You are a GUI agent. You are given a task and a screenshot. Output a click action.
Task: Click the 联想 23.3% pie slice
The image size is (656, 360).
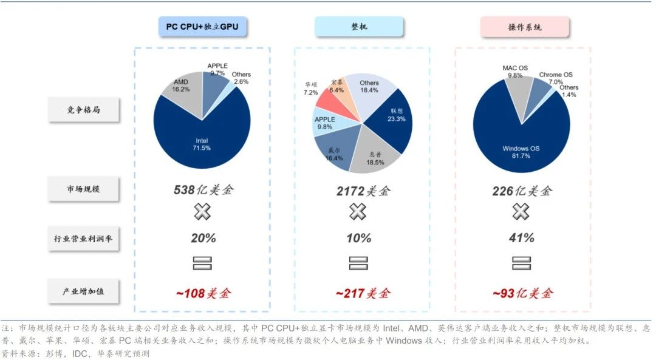[x=392, y=118]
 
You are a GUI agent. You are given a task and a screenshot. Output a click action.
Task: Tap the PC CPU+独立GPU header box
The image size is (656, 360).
[x=202, y=27]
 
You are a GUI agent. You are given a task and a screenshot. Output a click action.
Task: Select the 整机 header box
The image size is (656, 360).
[x=358, y=27]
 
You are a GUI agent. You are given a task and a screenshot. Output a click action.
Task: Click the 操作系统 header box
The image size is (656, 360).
[x=525, y=27]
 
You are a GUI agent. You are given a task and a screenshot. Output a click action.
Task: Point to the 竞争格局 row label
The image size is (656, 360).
[x=84, y=110]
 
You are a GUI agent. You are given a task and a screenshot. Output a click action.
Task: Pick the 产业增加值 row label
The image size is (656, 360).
[x=84, y=291]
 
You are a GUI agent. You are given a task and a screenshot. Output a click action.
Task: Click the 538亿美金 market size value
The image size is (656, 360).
[x=203, y=191]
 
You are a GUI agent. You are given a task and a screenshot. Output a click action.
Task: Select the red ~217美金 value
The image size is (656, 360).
[x=363, y=293]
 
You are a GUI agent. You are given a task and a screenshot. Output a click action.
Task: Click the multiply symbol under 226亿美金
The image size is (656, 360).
[x=521, y=211]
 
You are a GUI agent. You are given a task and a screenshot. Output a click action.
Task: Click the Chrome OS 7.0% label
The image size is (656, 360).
[x=555, y=78]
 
